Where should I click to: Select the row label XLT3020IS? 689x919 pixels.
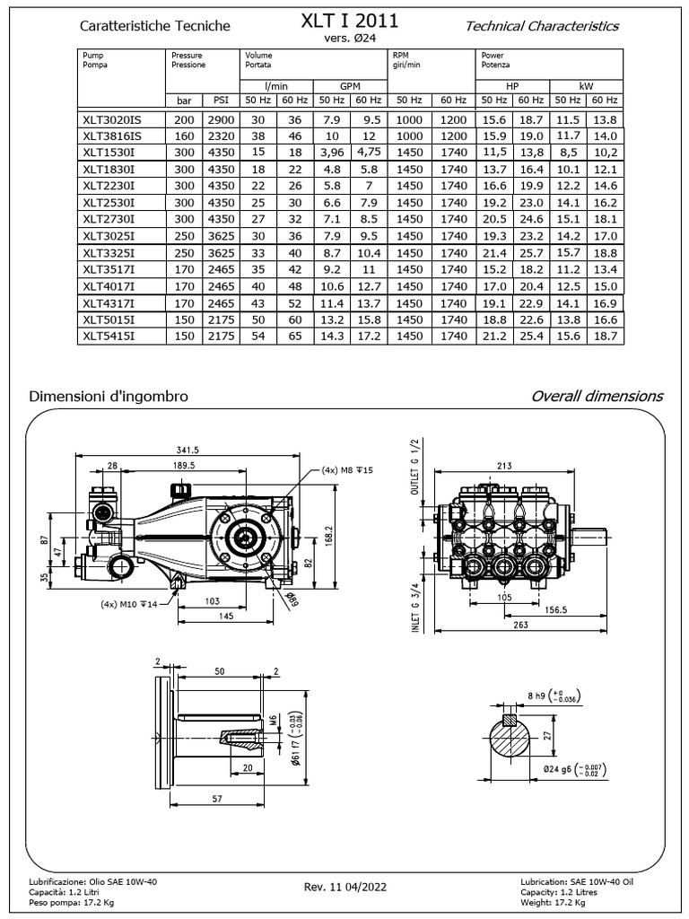pyautogui.click(x=112, y=119)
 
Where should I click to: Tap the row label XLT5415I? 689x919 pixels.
pyautogui.click(x=109, y=336)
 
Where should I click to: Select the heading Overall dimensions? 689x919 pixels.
pyautogui.click(x=597, y=396)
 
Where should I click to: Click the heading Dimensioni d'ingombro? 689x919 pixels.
pyautogui.click(x=109, y=396)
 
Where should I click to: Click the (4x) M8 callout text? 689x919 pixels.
pyautogui.click(x=347, y=470)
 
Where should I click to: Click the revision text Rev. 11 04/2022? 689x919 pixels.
pyautogui.click(x=345, y=887)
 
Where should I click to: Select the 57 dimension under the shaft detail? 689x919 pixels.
pyautogui.click(x=194, y=798)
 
